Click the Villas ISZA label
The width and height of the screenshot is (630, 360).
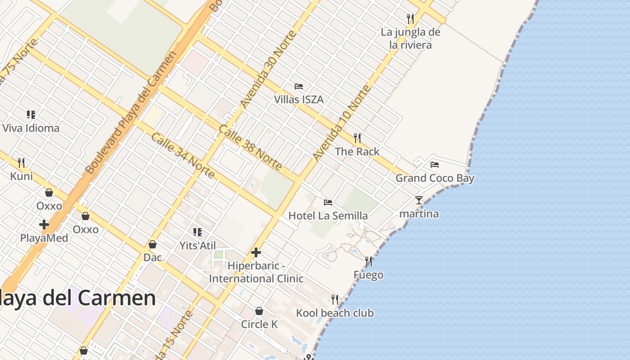point(299,99)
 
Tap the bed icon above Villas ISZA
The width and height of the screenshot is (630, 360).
point(299,86)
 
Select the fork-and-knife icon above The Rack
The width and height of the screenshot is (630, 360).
point(357,138)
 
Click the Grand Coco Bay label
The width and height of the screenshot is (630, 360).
point(435,178)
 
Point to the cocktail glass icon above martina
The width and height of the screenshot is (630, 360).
point(419,200)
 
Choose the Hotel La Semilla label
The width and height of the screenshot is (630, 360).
point(328,216)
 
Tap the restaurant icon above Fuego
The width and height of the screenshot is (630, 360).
point(369,261)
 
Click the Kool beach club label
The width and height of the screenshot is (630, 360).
point(335,313)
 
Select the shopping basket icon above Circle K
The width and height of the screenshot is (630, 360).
point(259,311)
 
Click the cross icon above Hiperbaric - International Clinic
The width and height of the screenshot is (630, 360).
point(256,252)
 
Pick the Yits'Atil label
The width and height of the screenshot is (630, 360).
point(198,246)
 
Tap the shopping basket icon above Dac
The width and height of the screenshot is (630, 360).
point(153,244)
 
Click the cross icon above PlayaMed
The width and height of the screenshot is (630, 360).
point(44,224)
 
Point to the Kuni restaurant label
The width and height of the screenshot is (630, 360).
point(22,176)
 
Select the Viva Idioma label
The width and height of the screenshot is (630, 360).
point(31,128)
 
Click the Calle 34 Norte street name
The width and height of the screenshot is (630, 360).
point(183,155)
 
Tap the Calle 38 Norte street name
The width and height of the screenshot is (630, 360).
point(250,147)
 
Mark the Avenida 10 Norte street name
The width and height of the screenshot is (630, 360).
point(342,122)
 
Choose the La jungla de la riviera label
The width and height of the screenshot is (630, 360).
point(410,38)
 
